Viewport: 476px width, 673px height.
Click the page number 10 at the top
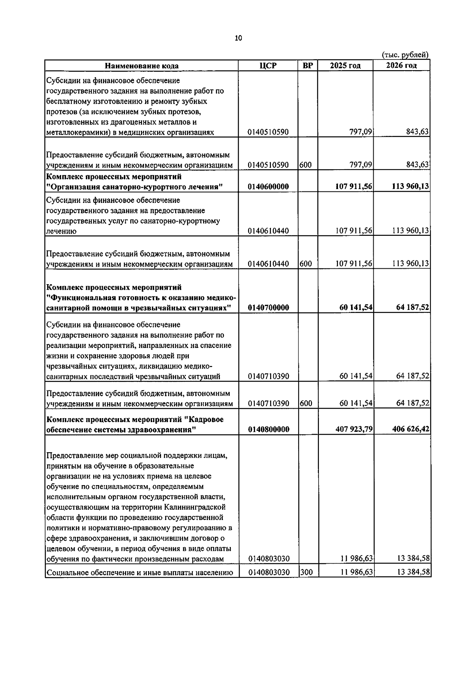[238, 38]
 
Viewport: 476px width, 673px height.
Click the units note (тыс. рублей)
[405, 55]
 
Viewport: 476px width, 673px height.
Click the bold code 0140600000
[268, 187]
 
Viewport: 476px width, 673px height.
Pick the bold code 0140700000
[268, 308]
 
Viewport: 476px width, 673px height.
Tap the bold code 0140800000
[268, 429]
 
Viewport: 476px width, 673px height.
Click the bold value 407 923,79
[354, 429]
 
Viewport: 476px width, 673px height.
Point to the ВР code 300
[306, 572]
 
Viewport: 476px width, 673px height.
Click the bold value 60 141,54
[356, 308]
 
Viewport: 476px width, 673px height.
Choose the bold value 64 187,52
[413, 308]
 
